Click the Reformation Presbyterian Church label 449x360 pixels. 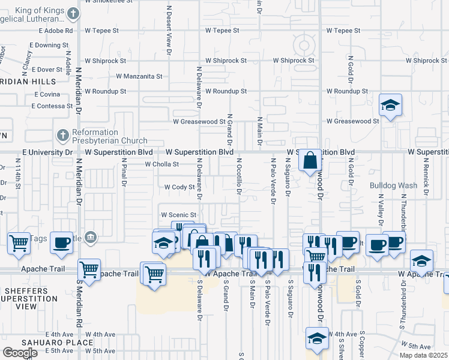(110, 136)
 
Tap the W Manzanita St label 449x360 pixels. (139, 76)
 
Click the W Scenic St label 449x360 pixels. (178, 215)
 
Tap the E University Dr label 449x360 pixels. (47, 152)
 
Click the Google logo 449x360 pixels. (20, 352)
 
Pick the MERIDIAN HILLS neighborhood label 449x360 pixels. (28, 81)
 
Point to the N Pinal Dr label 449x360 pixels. (124, 172)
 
